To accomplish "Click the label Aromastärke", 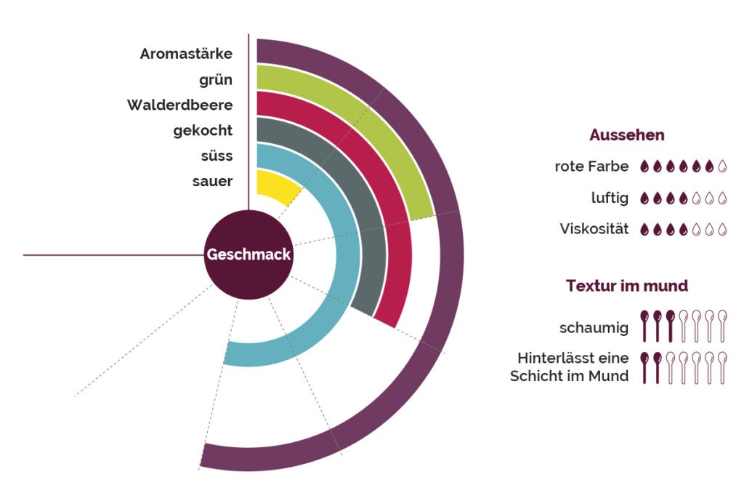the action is click(x=186, y=54).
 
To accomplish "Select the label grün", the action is click(x=216, y=80).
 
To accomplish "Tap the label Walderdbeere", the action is click(x=180, y=105).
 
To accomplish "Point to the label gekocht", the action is click(x=203, y=131).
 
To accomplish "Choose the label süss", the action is click(x=217, y=156).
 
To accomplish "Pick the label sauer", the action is click(x=213, y=182).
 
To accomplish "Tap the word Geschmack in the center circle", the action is click(x=248, y=254).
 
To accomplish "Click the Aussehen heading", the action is click(x=627, y=135).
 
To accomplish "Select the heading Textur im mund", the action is click(x=627, y=286).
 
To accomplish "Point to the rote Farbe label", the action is click(x=591, y=167).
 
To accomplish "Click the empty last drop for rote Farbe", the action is click(x=722, y=166).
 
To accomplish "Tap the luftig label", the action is click(x=610, y=198).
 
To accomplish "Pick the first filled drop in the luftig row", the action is click(x=644, y=198).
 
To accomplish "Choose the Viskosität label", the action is click(x=594, y=229).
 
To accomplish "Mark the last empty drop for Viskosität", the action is click(x=722, y=229).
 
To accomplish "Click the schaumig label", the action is click(x=594, y=328).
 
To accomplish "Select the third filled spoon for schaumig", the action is click(x=671, y=326).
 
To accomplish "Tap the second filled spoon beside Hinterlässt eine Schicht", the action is click(x=657, y=368).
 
